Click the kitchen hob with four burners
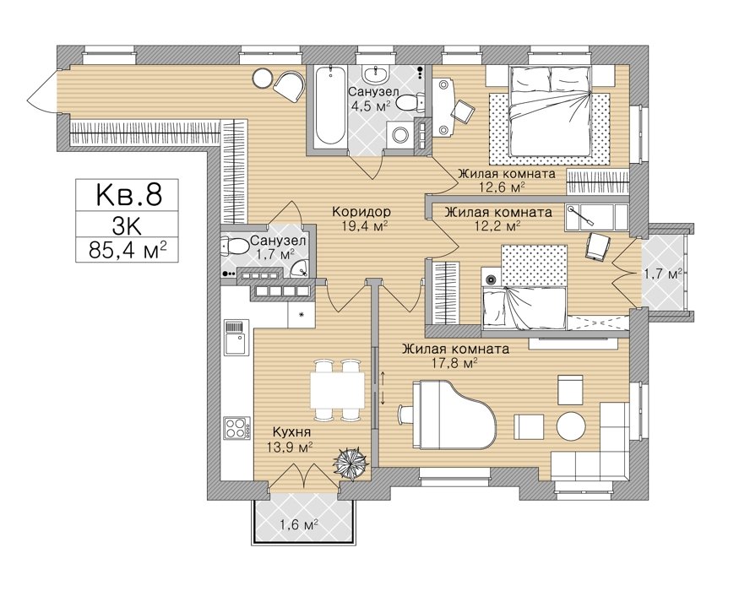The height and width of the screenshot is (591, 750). click(237, 428)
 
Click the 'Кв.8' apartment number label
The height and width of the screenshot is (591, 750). click(129, 195)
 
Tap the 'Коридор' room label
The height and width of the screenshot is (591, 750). click(361, 211)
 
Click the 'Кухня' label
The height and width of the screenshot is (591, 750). click(291, 432)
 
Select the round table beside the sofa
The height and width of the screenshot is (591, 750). click(571, 425)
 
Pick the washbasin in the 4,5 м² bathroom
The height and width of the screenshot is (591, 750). click(376, 74)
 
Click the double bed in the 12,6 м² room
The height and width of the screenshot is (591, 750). click(550, 111)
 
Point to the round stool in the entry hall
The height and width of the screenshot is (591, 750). click(263, 78)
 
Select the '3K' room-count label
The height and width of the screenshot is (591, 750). click(128, 224)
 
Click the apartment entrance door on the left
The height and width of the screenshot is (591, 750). click(42, 91)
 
